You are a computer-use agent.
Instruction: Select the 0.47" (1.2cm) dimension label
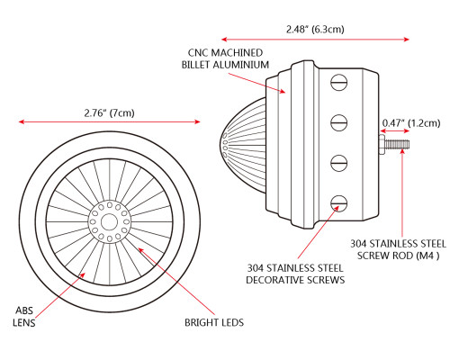[412, 121]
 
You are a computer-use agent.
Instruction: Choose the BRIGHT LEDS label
[214, 321]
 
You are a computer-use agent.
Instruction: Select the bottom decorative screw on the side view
[338, 202]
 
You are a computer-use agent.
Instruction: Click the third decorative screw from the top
[338, 161]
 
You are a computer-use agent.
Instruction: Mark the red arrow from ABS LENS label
[64, 284]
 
